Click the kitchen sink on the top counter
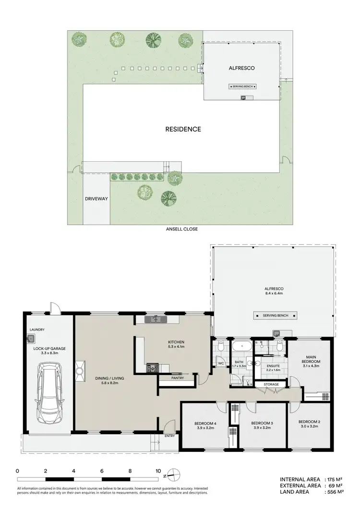click(x=155, y=318)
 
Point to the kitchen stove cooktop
click(x=152, y=368)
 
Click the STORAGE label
click(x=270, y=384)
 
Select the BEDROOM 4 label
click(x=204, y=424)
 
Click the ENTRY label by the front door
click(x=169, y=436)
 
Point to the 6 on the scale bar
click(x=102, y=471)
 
